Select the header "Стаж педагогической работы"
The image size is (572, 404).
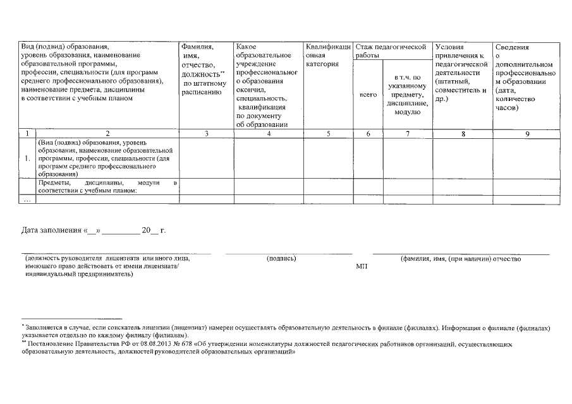click(392, 51)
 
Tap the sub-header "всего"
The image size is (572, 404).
click(368, 95)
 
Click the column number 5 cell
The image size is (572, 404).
click(328, 133)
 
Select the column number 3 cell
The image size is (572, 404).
click(207, 133)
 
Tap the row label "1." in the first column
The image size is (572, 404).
click(28, 158)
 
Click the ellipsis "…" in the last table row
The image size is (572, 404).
click(27, 200)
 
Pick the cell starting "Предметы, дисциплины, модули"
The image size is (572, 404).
click(107, 186)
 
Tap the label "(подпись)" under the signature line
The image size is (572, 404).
click(280, 259)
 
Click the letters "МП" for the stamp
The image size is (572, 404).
click(362, 267)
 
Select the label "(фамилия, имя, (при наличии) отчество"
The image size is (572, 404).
click(460, 259)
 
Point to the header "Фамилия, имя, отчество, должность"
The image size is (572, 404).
click(204, 69)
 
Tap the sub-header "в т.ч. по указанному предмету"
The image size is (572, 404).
click(407, 95)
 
